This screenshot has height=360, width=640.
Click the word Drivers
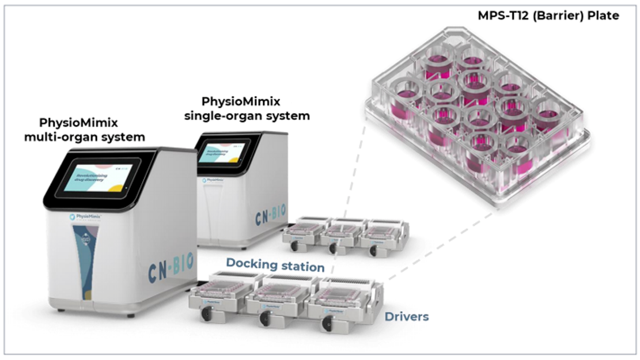click(407, 316)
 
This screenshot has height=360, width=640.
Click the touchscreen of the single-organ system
click(224, 151)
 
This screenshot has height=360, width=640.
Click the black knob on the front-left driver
click(205, 314)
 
